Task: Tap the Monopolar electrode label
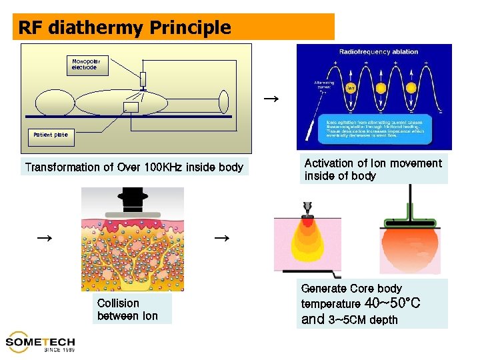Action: (86, 64)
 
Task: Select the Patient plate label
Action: (51, 135)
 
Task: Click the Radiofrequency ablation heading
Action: (379, 51)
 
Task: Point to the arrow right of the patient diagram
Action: (270, 99)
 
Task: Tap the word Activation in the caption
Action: (329, 163)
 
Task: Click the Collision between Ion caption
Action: (128, 310)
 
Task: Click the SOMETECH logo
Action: (40, 342)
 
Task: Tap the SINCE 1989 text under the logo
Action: (59, 350)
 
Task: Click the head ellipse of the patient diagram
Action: (55, 103)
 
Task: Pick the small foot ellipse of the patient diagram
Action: (224, 102)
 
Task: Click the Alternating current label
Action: (325, 85)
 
